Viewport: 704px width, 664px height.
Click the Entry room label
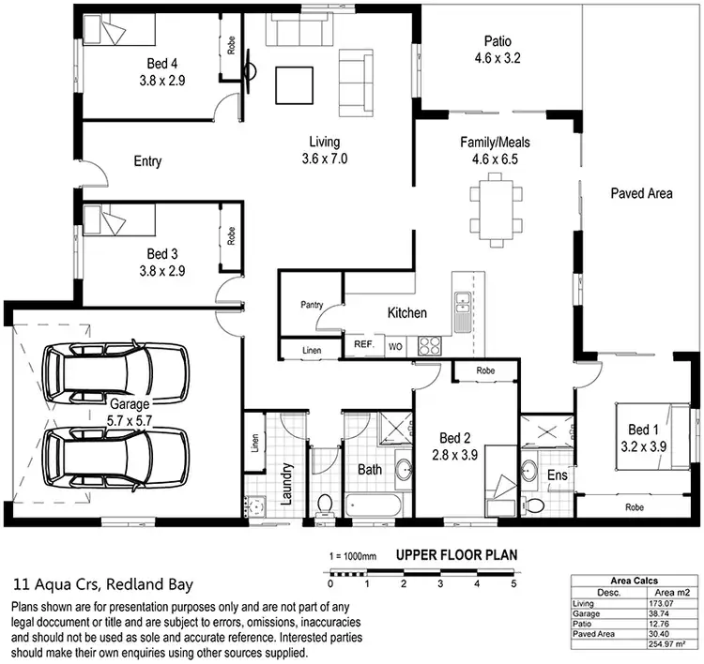[147, 161]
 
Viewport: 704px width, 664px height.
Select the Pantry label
[312, 305]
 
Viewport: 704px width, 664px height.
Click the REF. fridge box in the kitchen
[364, 345]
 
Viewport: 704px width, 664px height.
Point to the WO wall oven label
[395, 345]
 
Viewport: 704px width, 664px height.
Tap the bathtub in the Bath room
[373, 504]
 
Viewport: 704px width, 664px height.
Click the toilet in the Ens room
[534, 505]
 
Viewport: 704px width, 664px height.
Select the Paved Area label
[642, 193]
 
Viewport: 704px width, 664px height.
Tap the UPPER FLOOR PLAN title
[456, 554]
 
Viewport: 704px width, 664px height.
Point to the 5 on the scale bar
[513, 583]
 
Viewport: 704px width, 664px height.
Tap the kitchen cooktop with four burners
[428, 344]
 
